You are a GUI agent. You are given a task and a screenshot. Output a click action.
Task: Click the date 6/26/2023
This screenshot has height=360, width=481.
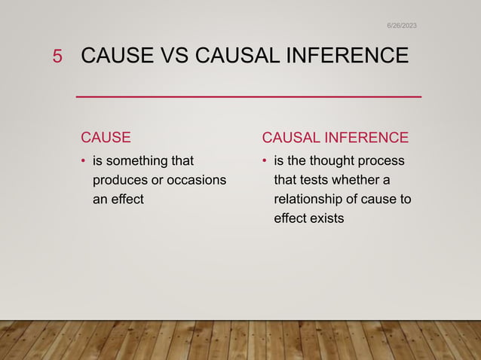[x=401, y=26]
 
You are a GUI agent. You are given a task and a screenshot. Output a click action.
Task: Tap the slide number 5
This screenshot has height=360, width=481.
[x=57, y=56]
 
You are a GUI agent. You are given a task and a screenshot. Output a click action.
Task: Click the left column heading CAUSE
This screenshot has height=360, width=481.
[x=106, y=137]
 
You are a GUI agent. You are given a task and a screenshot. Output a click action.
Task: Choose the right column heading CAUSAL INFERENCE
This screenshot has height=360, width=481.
[x=335, y=137]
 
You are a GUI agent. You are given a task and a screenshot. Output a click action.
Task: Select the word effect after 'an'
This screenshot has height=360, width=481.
[x=127, y=200]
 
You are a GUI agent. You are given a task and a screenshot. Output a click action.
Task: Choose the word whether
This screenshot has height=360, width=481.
[x=359, y=181]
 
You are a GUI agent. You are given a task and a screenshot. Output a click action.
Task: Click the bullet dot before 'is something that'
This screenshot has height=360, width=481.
[x=84, y=161]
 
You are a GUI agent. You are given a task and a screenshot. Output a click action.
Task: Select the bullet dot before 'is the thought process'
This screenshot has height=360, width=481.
[x=265, y=161]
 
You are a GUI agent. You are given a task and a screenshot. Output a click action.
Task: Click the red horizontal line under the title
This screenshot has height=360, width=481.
[x=249, y=97]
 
